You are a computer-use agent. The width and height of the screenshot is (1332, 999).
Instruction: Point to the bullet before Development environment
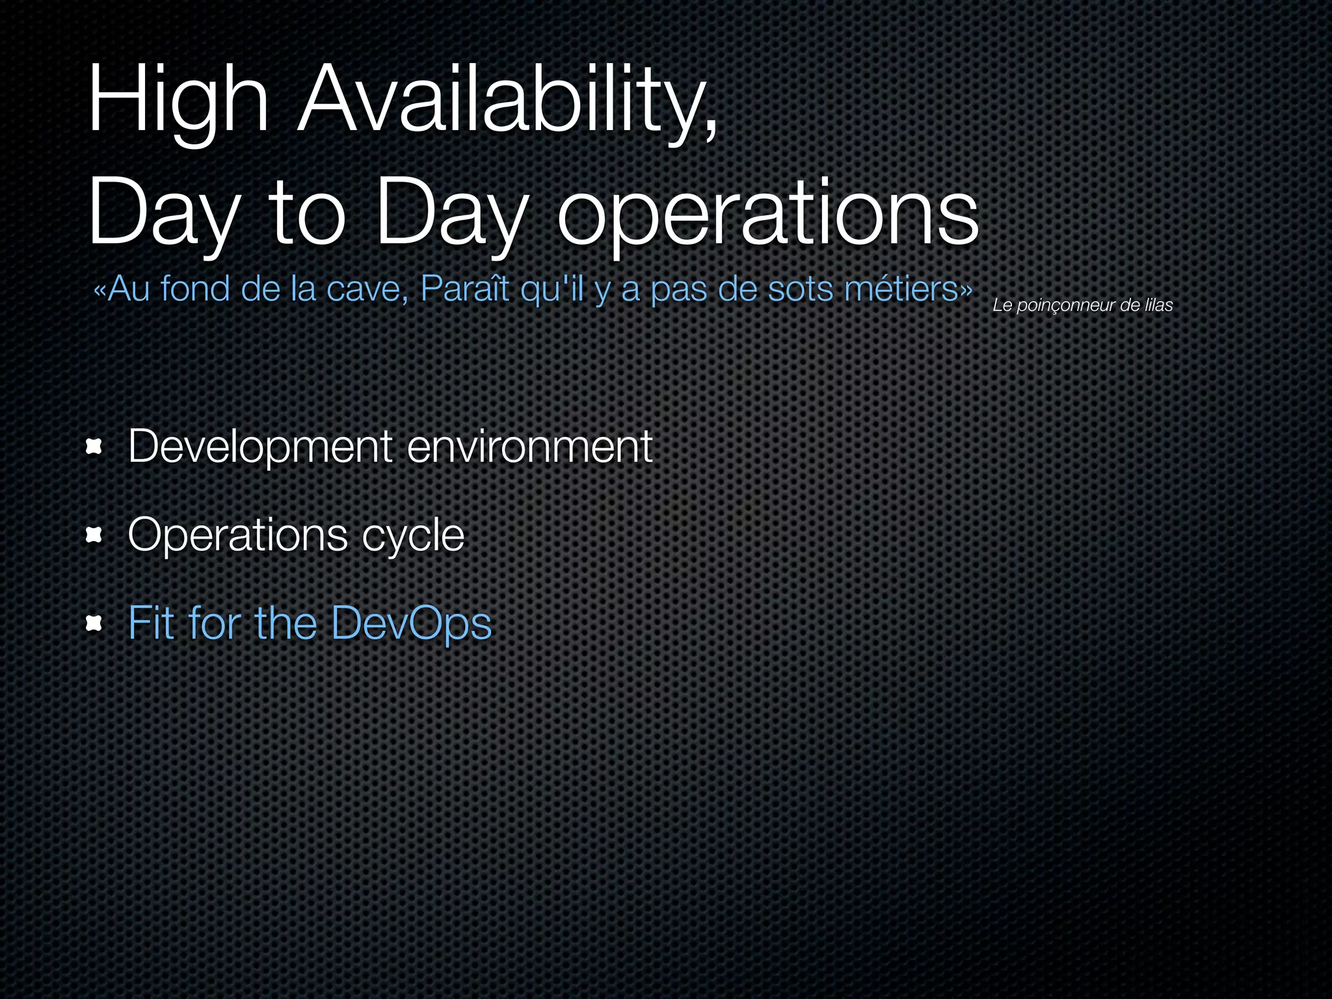point(95,447)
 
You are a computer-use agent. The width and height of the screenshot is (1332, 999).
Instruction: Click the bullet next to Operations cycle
point(95,535)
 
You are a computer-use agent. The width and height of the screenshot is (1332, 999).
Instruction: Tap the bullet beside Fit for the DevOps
point(95,623)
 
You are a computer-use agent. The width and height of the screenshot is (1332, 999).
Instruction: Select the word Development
point(260,447)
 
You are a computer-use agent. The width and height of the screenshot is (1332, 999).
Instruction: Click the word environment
point(529,447)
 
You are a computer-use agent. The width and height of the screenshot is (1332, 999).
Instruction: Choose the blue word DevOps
point(411,623)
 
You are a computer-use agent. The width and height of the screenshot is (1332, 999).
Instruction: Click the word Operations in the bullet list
point(238,535)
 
